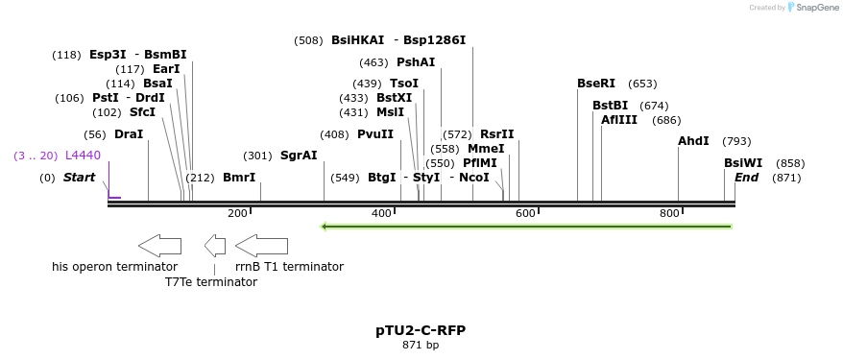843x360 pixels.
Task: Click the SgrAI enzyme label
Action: coord(299,156)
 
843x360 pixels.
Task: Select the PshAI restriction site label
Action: coord(416,62)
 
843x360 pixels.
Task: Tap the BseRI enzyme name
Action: coord(596,84)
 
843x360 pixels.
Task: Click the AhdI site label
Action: coord(693,141)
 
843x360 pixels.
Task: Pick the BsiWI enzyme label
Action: coord(743,163)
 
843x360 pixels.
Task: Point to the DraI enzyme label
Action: coord(129,134)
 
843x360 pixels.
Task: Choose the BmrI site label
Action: coord(239,178)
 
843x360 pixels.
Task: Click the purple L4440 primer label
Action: coord(83,156)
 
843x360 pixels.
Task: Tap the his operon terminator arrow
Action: coord(159,245)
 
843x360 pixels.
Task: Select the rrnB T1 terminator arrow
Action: coord(261,245)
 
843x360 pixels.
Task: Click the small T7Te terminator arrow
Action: coord(215,245)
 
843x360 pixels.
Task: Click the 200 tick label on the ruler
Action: coord(237,213)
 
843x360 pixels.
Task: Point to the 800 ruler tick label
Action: coord(669,213)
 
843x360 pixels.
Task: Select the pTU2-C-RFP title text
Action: coord(421,330)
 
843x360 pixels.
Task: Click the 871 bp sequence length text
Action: coord(421,345)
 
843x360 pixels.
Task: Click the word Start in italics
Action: coord(80,178)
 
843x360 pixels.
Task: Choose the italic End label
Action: coord(747,178)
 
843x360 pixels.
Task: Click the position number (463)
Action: coord(373,62)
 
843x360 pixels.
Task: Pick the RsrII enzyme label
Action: coord(497,134)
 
